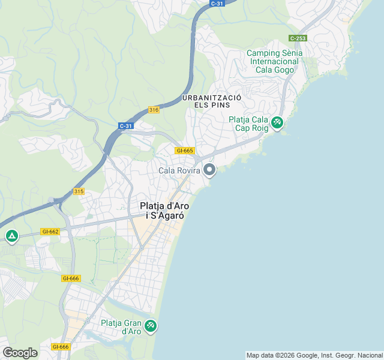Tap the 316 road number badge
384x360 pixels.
pos(154,110)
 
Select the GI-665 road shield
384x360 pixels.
pos(184,151)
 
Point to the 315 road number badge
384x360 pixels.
pos(79,191)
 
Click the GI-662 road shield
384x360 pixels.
pos(50,232)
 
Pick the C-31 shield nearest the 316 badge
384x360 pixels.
pos(125,126)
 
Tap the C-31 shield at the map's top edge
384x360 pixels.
pos(217,3)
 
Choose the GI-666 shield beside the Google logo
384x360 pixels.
pos(60,347)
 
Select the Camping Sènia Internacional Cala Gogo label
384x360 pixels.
pos(274,61)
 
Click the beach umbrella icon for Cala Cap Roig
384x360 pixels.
pos(277,123)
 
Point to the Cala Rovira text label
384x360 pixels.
pos(178,171)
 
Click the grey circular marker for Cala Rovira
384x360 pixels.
pos(209,170)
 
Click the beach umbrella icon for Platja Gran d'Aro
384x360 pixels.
pos(150,326)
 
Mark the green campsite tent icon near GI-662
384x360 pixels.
pos(11,236)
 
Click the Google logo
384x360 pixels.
pos(20,353)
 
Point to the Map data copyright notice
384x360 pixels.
pos(314,355)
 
